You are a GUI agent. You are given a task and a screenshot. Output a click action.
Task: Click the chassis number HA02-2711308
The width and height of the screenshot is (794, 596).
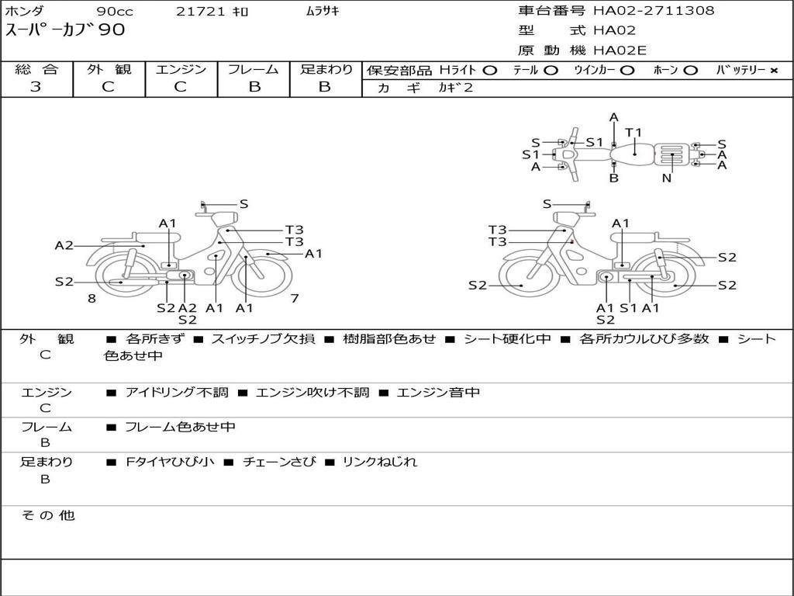(x=654, y=11)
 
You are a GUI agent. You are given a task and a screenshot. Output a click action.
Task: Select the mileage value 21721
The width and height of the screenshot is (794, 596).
(x=200, y=12)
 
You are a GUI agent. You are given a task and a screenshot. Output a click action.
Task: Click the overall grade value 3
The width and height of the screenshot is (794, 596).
(x=36, y=87)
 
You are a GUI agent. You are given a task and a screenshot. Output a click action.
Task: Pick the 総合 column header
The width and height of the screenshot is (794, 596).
(x=36, y=70)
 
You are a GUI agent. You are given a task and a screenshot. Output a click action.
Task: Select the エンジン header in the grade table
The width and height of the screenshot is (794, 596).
(x=181, y=70)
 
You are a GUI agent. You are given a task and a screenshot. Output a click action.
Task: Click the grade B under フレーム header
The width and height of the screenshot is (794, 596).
(x=254, y=87)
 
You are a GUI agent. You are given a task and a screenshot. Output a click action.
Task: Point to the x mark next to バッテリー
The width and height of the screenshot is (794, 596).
(x=773, y=71)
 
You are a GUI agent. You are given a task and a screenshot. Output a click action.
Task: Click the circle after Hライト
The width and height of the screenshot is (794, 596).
(x=489, y=71)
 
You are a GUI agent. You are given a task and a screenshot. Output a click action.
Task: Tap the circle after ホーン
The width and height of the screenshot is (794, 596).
(x=690, y=71)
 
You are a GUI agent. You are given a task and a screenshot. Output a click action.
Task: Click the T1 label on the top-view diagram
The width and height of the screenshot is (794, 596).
(x=633, y=133)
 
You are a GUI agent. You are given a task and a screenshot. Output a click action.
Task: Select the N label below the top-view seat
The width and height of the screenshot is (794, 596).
(x=667, y=178)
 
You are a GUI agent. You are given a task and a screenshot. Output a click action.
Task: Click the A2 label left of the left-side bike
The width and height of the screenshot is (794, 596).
(x=64, y=245)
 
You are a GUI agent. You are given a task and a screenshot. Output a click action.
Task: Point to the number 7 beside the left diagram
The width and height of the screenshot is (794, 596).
(x=295, y=298)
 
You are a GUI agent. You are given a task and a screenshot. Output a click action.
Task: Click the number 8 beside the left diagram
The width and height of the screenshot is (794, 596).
(x=91, y=298)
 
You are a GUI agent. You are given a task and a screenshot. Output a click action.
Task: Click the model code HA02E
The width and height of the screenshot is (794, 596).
(x=620, y=50)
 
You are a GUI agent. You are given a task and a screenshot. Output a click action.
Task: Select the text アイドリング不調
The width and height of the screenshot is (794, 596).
(x=177, y=393)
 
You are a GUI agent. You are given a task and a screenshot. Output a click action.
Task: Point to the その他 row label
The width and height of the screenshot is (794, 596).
(x=47, y=515)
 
